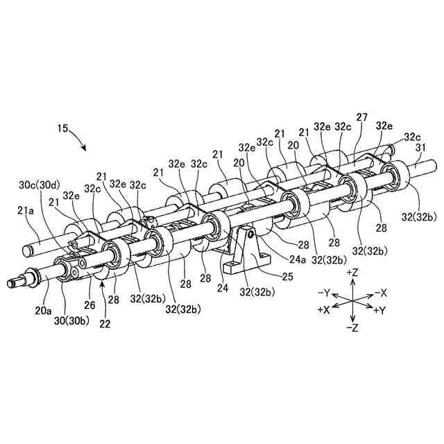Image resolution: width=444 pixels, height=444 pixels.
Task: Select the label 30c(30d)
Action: pos(39,185)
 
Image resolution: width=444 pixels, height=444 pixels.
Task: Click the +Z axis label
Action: pos(354,273)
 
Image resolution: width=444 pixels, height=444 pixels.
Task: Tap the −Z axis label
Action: pos(354,326)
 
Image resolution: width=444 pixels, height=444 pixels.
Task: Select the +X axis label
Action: pos(323,310)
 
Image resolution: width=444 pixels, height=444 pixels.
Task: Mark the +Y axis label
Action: pos(380,310)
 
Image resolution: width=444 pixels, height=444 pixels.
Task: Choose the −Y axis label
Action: pos(324,292)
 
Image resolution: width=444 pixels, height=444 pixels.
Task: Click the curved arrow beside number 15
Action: pos(78,143)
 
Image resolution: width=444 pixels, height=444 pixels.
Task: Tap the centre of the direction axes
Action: pos(353,301)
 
